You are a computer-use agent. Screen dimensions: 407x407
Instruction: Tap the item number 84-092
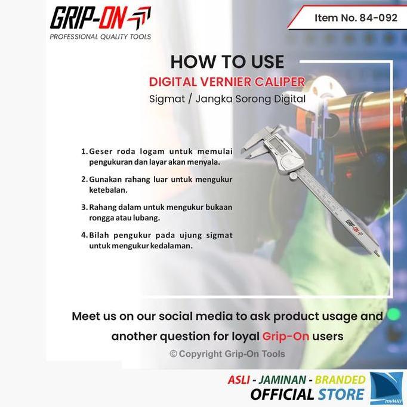(356, 18)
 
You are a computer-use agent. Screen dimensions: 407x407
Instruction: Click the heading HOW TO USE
(227, 62)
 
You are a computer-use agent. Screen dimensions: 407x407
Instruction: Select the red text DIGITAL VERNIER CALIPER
(227, 82)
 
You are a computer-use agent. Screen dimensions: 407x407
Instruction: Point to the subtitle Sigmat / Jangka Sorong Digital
(227, 99)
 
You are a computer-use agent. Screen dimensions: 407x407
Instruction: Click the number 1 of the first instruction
(84, 151)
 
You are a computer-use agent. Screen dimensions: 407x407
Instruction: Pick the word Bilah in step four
(100, 235)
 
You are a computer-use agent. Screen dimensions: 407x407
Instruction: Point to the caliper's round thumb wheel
(293, 175)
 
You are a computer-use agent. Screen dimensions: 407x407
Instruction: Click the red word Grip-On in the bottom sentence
(285, 336)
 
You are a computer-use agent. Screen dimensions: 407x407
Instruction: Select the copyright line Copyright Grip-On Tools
(227, 354)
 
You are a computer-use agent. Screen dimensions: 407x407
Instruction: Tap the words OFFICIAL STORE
(307, 394)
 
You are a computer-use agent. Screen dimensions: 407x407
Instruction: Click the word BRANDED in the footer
(340, 380)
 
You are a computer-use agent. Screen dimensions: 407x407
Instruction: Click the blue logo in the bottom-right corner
(386, 388)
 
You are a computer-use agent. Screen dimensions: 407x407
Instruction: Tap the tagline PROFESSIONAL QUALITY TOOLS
(100, 37)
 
